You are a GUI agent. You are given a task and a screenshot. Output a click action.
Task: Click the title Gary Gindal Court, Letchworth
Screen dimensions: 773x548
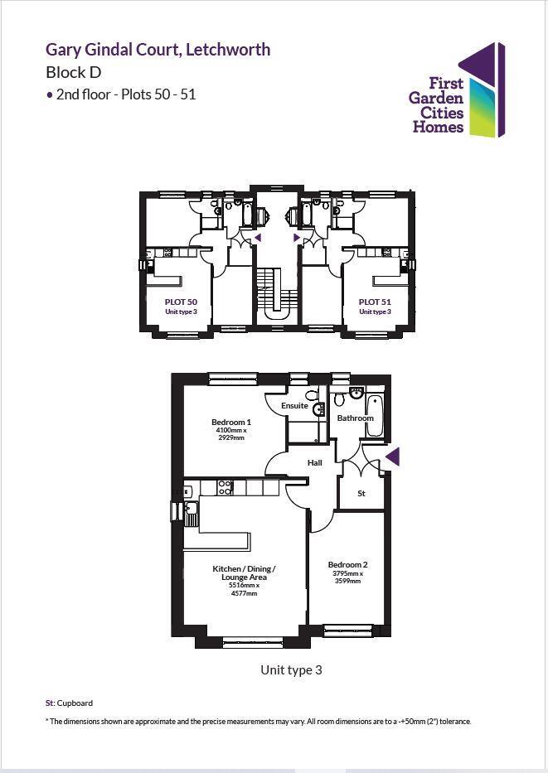(x=158, y=50)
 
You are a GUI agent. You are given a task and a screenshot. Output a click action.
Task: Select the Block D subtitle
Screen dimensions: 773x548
(x=73, y=72)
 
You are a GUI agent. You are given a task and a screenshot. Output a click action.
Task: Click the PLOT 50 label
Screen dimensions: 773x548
(x=181, y=302)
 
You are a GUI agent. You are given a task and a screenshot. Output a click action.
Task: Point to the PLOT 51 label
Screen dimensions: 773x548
(x=374, y=302)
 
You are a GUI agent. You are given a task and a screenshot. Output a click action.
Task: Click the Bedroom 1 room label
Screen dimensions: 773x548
(x=231, y=422)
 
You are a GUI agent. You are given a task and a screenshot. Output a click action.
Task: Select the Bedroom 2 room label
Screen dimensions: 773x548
(x=347, y=564)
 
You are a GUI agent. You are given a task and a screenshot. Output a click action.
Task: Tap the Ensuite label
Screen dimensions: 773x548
(x=294, y=406)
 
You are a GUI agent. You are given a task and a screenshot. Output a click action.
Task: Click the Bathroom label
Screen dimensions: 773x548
(x=355, y=418)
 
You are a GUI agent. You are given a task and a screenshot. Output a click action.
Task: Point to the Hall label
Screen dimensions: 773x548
(x=315, y=463)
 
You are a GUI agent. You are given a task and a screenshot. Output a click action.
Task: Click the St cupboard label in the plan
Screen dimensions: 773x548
(x=361, y=493)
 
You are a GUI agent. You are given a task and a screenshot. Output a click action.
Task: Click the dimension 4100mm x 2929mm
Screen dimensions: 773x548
(x=231, y=434)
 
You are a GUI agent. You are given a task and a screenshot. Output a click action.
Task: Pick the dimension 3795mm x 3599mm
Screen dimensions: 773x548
(x=347, y=577)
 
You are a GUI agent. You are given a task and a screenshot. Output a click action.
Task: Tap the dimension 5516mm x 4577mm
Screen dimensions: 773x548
(x=244, y=590)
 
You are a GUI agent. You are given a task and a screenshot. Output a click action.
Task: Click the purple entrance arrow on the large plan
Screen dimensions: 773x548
(x=393, y=456)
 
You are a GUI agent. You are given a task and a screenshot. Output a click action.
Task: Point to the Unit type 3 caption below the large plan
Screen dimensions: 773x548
(x=291, y=670)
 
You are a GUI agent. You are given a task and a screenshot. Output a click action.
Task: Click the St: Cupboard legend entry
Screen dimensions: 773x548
(x=69, y=703)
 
